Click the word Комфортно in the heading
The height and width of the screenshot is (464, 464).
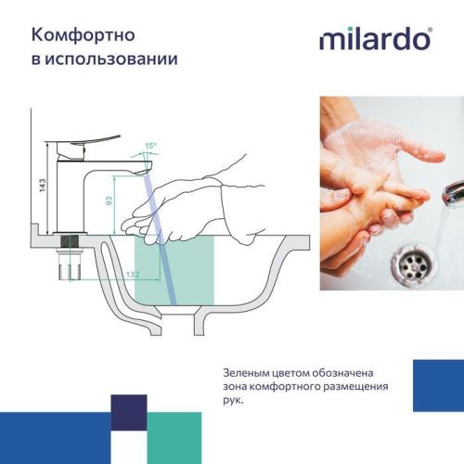coord(83,34)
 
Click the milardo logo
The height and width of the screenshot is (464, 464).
coord(375,39)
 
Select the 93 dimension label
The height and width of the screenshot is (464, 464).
coord(109,200)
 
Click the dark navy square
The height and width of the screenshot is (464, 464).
coord(129,412)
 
